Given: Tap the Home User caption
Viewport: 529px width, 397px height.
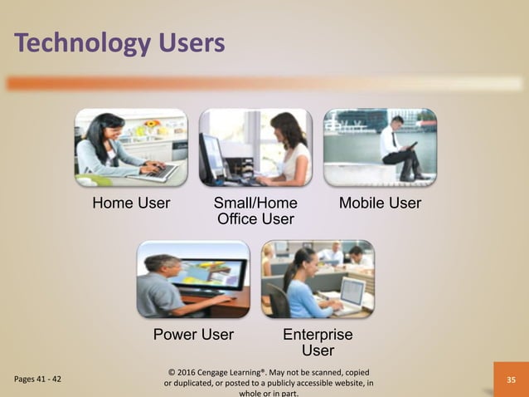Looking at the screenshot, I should point(131,203).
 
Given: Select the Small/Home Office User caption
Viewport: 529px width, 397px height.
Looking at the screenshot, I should point(255,211).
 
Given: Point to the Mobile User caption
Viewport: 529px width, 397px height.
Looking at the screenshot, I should point(380,203).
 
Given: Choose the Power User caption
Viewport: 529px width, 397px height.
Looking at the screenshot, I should point(193,335).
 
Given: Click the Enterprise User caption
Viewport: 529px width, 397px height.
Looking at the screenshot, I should point(318,342).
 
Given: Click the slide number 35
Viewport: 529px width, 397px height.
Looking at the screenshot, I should point(511,380).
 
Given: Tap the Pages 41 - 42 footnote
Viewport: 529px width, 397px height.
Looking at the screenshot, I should point(37,380).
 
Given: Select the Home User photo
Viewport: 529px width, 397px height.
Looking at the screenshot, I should point(131,148).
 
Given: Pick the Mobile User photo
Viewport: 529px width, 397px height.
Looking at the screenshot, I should point(380,148).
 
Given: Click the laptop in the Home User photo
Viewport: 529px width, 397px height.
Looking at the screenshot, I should point(158,172).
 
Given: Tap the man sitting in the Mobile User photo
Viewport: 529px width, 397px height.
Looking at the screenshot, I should point(401,149).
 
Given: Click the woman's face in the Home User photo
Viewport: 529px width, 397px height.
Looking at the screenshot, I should point(110,130).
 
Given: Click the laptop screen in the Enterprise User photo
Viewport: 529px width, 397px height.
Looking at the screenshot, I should point(352,291).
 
